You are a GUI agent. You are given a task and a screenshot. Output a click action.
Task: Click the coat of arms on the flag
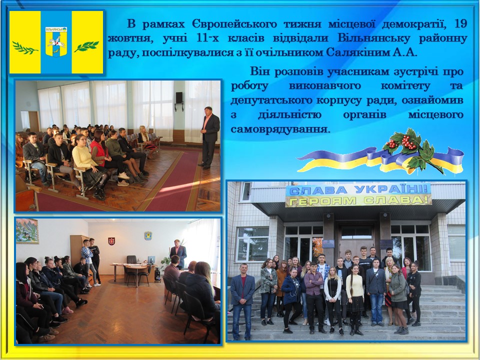point(56,41)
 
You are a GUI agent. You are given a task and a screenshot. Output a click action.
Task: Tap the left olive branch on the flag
point(25,48)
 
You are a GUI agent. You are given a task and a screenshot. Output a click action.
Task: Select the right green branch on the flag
point(87,46)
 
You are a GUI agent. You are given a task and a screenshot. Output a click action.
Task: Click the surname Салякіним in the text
point(356,52)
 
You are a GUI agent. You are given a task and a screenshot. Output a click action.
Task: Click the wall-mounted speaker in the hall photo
point(179,97)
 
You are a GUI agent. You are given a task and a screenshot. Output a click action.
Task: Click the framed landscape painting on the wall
point(27,231)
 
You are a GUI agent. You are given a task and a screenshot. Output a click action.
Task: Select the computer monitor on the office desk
point(151,260)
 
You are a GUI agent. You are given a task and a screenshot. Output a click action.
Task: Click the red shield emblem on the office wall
point(111,241)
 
